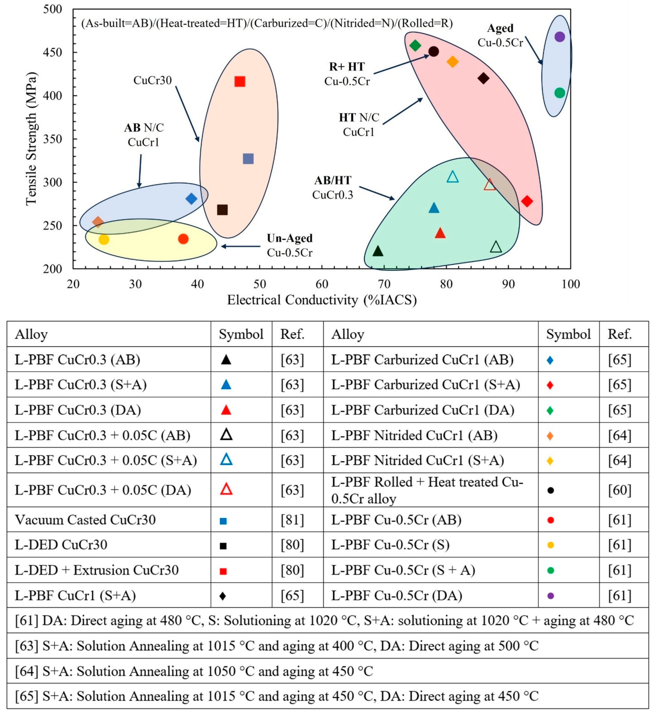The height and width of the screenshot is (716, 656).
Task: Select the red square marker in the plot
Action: point(240,82)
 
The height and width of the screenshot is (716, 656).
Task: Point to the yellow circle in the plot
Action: point(104,239)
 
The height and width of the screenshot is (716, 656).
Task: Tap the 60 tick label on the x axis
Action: point(322,284)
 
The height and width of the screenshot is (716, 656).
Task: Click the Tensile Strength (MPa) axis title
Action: point(31,139)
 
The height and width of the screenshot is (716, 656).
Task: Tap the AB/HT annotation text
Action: point(333,180)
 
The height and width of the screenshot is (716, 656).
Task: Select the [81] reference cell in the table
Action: point(292,520)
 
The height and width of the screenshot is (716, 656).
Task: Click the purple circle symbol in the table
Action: point(551,596)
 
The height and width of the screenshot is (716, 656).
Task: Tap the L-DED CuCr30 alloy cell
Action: point(61,545)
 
